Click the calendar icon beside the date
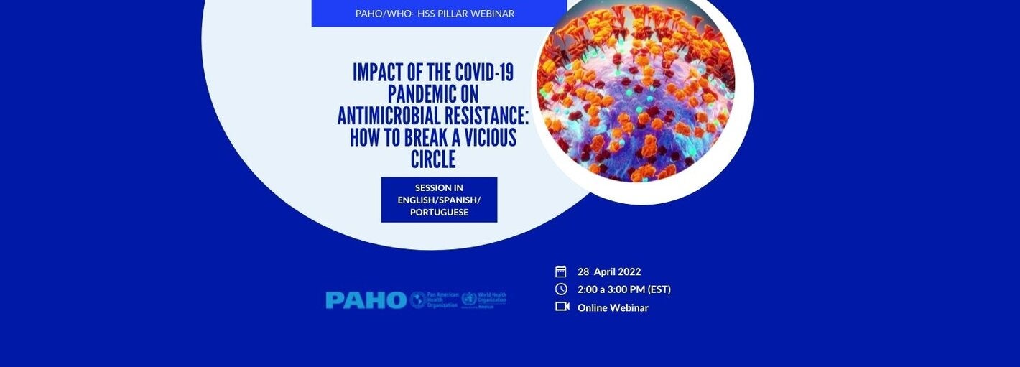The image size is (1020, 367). click(561, 271)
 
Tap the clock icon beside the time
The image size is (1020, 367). click(561, 289)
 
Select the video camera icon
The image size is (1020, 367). click(562, 307)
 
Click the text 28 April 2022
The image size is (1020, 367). click(609, 271)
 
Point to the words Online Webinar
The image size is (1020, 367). click(613, 307)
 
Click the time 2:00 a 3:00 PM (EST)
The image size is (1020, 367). click(623, 289)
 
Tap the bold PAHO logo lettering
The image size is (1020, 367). click(366, 300)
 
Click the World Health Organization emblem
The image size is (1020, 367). click(469, 299)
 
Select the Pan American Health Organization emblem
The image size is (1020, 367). click(418, 300)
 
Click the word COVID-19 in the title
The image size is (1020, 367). click(485, 73)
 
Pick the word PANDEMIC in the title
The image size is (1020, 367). click(433, 94)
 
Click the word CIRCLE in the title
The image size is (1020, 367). click(433, 159)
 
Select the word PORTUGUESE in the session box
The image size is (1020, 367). click(439, 212)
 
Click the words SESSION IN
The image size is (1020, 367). click(439, 188)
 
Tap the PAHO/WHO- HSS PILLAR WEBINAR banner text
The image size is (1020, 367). click(435, 14)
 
